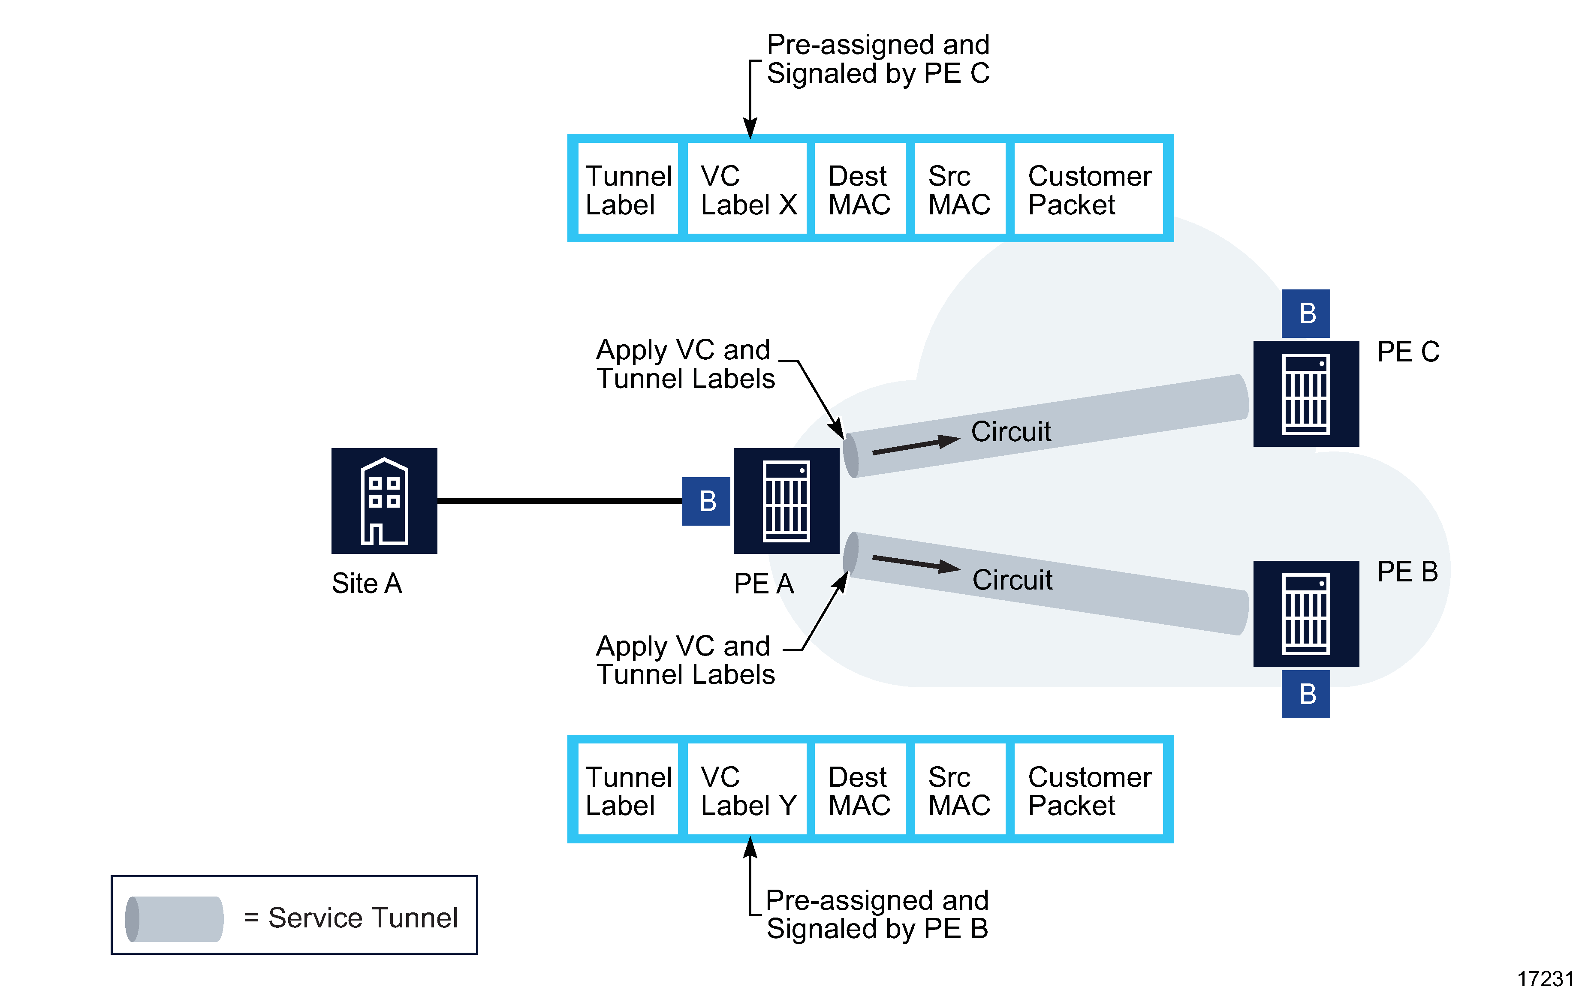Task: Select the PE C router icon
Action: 1306,393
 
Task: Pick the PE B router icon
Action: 1306,613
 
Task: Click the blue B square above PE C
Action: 1306,313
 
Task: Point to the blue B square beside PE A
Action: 706,501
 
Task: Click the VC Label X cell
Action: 747,190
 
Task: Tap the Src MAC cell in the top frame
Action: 959,190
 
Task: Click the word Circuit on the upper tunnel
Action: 1010,432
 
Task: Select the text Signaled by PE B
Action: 877,928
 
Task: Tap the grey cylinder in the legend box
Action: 174,918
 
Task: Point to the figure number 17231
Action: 1545,978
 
